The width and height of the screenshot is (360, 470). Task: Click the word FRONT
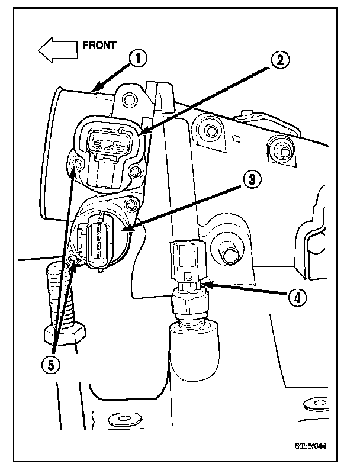click(x=99, y=44)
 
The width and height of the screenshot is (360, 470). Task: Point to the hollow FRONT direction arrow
click(x=57, y=50)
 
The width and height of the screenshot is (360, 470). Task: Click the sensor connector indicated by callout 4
click(x=186, y=260)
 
